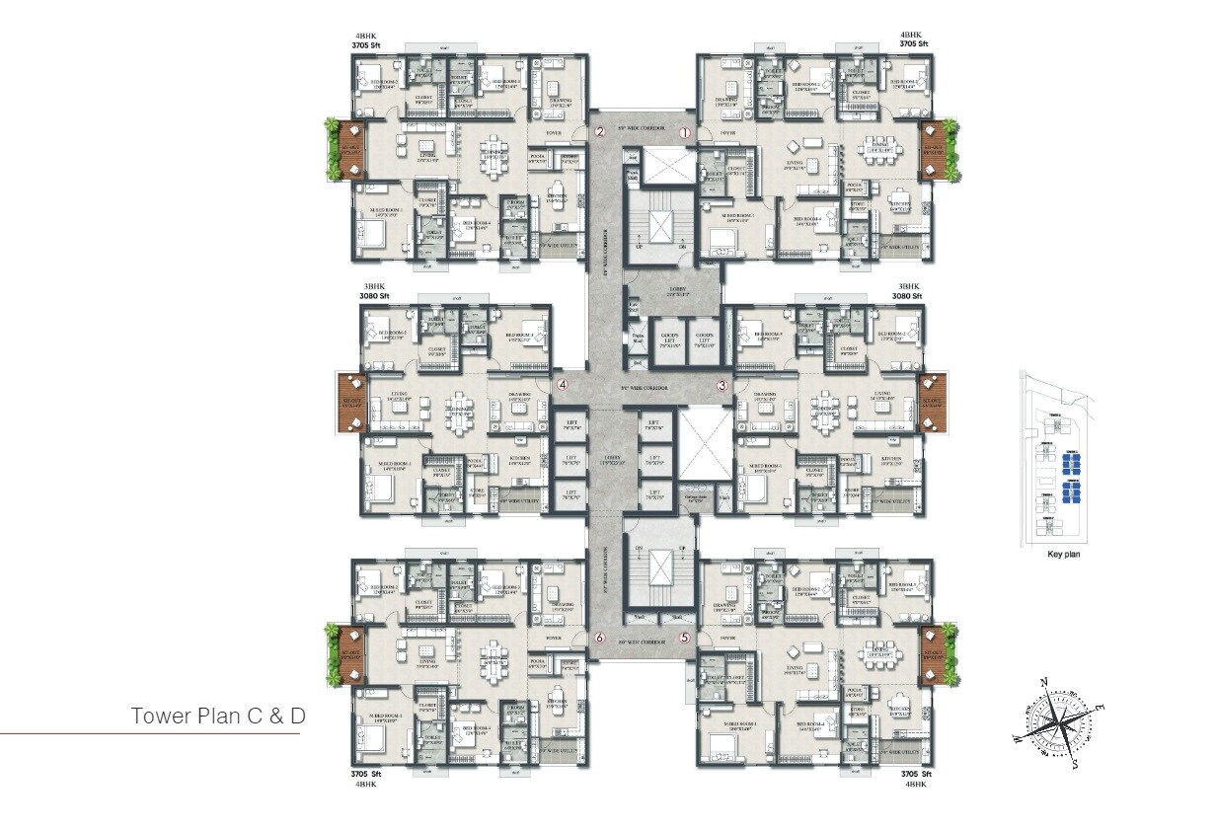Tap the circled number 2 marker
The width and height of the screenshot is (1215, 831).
pos(598,132)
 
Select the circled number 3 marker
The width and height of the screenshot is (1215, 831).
pos(722,385)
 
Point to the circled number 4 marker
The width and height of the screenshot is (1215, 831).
pos(563,385)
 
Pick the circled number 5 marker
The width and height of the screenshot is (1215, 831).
pos(684,638)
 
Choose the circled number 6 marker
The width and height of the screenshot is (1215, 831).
pos(598,638)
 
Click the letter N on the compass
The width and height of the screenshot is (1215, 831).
pos(1043,681)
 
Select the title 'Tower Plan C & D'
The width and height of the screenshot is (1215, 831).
pos(218,717)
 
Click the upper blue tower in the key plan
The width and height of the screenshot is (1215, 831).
pos(1070,459)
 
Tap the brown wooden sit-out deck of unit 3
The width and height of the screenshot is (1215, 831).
pos(930,404)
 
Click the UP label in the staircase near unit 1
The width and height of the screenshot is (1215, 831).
pos(639,246)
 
